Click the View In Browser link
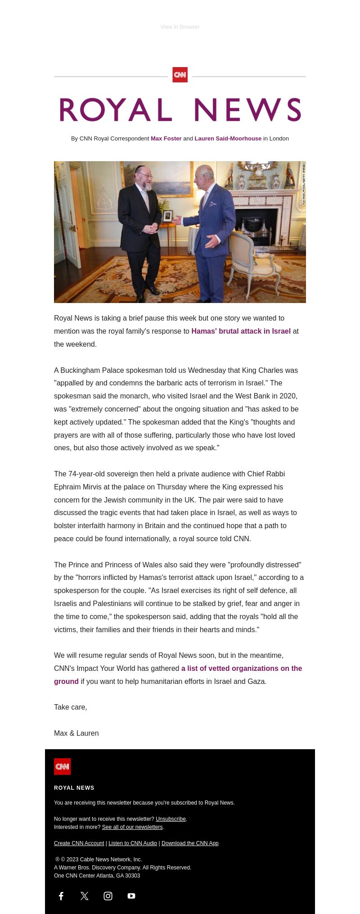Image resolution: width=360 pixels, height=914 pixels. point(180,27)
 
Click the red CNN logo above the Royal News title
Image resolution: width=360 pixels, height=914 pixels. point(180,75)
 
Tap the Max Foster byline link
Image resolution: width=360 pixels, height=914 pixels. point(166,139)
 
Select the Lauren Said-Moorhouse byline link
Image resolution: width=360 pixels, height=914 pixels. point(228,139)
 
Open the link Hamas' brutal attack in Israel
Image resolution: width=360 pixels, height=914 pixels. point(241,331)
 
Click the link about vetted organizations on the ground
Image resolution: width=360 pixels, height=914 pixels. point(241,669)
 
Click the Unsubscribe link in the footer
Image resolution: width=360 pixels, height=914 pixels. point(171,819)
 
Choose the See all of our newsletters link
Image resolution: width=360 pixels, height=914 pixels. point(132,827)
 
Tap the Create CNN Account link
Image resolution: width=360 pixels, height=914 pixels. point(79,843)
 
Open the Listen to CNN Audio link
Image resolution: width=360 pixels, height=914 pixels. point(133,843)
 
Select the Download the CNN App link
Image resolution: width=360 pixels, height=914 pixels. point(190,843)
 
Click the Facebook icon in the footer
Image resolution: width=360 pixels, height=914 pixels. point(61,896)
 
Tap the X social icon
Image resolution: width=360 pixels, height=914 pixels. point(85,896)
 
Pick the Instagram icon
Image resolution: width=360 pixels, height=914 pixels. point(108,896)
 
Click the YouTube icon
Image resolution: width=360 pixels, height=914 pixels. point(131,896)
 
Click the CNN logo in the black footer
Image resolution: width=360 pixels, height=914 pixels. point(63,766)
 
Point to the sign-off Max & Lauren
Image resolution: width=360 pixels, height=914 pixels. point(76,733)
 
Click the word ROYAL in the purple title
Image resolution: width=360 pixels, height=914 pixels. point(116,110)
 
